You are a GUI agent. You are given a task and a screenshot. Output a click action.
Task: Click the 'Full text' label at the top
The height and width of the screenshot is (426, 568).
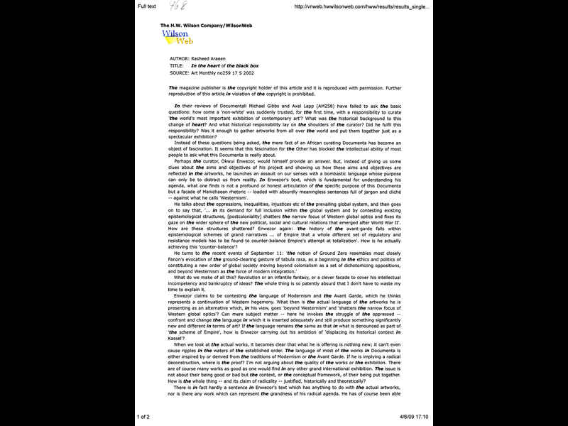click(147, 6)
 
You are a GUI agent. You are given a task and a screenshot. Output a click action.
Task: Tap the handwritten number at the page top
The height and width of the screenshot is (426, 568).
click(175, 6)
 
